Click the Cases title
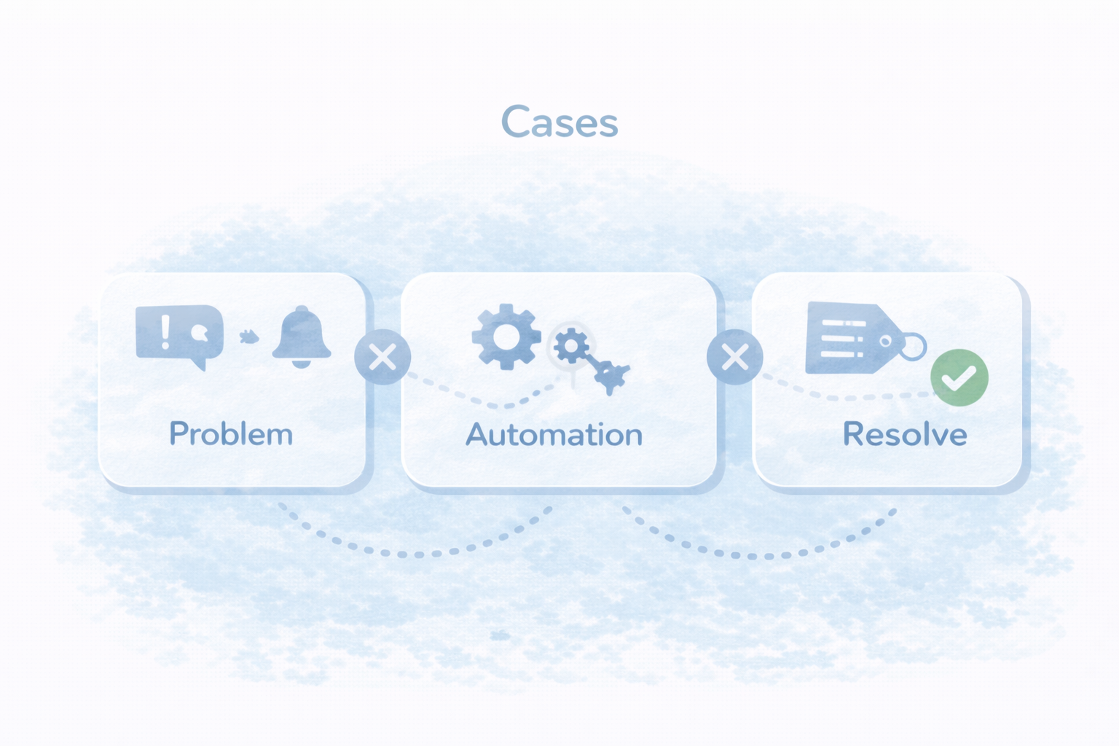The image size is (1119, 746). (559, 122)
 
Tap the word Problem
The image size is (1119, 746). (231, 434)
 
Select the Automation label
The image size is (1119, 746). (554, 435)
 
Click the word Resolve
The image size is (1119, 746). (905, 435)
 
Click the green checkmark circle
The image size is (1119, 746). (959, 377)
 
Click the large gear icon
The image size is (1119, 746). (506, 337)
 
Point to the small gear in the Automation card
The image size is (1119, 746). (571, 345)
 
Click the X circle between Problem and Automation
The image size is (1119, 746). (382, 357)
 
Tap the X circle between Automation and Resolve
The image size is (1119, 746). (735, 357)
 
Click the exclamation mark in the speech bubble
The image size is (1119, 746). (165, 331)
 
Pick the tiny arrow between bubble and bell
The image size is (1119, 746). (249, 337)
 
